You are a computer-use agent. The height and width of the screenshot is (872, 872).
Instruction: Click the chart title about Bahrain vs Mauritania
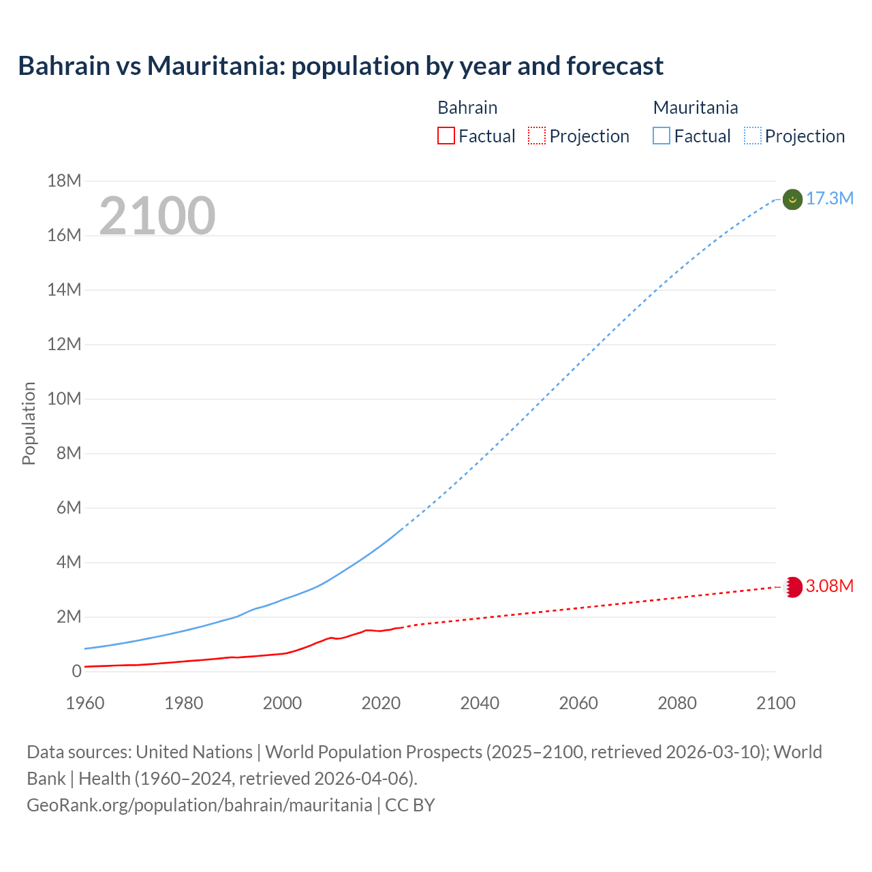[341, 66]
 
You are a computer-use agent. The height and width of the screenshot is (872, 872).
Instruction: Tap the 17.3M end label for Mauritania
[829, 198]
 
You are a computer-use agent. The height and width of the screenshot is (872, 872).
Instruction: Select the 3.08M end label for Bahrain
[829, 586]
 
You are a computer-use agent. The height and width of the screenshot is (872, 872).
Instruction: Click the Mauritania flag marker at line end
[792, 199]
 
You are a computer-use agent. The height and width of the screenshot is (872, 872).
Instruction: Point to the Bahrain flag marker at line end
[793, 587]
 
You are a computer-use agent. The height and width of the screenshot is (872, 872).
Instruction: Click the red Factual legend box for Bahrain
[446, 136]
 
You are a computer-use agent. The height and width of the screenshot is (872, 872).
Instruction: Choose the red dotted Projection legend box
[537, 136]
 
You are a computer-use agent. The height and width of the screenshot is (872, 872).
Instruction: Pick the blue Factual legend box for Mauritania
[661, 136]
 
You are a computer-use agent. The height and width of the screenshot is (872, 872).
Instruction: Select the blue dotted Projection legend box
[752, 136]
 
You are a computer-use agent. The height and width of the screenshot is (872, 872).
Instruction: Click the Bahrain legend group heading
[467, 108]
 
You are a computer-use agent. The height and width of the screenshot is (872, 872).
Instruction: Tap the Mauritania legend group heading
[696, 108]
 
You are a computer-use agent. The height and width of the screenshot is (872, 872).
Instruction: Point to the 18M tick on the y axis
[64, 181]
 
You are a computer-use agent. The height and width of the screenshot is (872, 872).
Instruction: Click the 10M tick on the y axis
[64, 399]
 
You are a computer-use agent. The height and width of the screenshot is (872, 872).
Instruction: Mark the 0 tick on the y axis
[76, 671]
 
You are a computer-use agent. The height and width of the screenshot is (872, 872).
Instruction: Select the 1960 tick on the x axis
[85, 703]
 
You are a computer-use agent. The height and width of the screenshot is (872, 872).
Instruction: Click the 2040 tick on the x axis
[480, 703]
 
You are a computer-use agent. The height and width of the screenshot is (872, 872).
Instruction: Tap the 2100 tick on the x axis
[776, 703]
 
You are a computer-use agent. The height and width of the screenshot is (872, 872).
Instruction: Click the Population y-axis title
[29, 423]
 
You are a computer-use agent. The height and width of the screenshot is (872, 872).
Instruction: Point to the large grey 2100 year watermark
[157, 216]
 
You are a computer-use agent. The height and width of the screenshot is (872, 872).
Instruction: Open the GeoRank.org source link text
[200, 805]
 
